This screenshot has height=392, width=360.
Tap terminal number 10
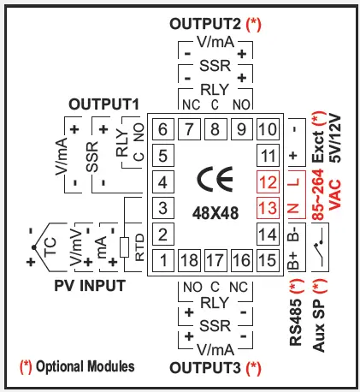pos(268,131)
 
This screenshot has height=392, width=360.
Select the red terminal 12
pos(268,181)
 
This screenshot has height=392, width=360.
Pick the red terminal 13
pos(268,207)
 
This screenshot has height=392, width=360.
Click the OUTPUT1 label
pos(103,103)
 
